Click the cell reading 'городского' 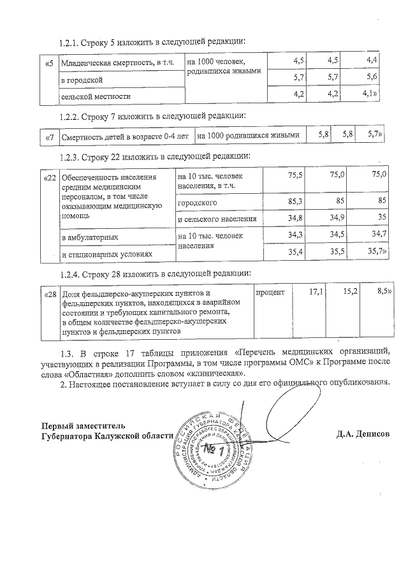point(198,203)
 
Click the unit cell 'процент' point(270,293)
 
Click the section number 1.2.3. point(69,156)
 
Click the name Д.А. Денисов point(363,435)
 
